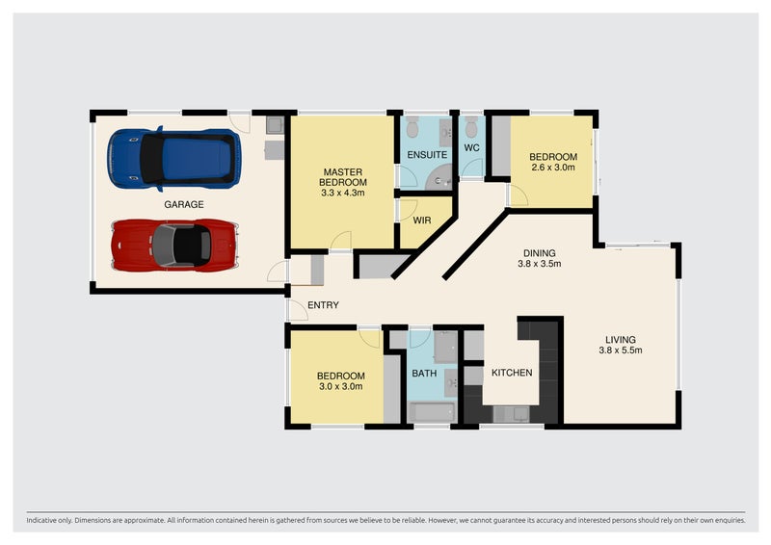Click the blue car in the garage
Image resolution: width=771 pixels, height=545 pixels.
click(x=173, y=157)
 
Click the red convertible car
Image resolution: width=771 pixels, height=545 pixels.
click(x=173, y=245)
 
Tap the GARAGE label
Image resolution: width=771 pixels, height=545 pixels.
click(x=183, y=204)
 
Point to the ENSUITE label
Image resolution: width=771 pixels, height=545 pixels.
click(x=425, y=153)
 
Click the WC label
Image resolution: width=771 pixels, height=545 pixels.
click(x=472, y=148)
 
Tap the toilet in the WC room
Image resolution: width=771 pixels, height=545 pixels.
click(x=471, y=127)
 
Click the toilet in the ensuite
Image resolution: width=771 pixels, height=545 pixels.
click(x=412, y=128)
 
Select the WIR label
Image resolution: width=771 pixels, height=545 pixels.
click(x=421, y=221)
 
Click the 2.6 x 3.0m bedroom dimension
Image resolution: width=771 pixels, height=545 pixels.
click(x=553, y=168)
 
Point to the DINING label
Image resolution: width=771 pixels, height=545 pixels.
click(x=539, y=252)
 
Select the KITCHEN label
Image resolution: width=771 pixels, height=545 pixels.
click(x=512, y=373)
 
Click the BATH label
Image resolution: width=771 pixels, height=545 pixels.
click(x=424, y=373)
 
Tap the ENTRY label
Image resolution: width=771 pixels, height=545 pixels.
click(x=321, y=307)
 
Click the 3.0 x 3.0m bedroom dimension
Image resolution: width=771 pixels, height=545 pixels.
click(x=341, y=386)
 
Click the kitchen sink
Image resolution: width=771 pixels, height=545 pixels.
click(x=511, y=413)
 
